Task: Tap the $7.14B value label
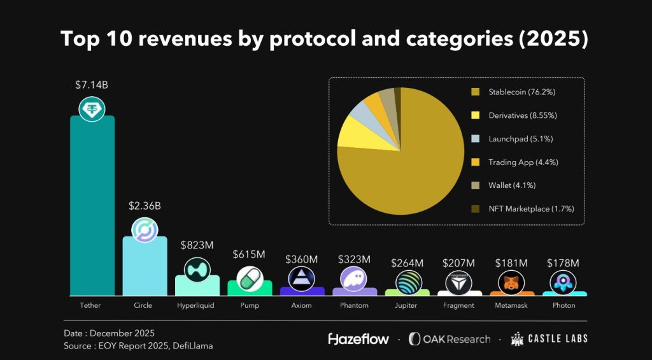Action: click(92, 85)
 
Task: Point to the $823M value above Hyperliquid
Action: click(196, 245)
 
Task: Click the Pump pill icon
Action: click(250, 278)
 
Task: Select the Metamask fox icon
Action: click(511, 282)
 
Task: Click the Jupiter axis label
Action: click(406, 305)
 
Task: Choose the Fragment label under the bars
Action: click(458, 305)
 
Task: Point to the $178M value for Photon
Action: click(563, 263)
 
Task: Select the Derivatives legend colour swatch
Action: click(475, 116)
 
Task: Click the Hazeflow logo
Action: click(358, 338)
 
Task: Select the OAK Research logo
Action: click(450, 338)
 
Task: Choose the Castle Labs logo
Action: click(549, 338)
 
